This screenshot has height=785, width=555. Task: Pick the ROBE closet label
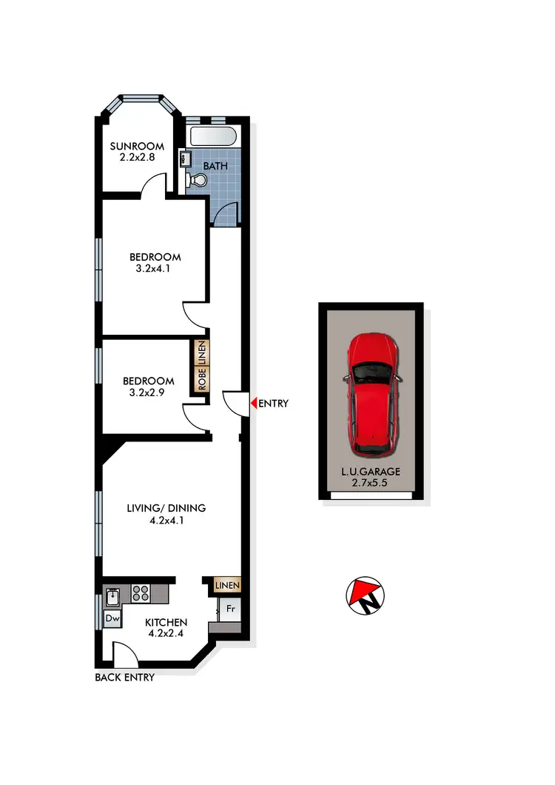point(201,379)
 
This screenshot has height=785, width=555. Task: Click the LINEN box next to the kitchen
point(227,586)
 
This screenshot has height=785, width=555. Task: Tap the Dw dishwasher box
point(112,618)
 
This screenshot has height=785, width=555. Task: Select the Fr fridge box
point(230,609)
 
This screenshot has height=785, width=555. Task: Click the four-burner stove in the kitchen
point(141,593)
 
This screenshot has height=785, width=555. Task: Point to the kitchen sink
point(114,595)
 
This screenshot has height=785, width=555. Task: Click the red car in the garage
point(374,394)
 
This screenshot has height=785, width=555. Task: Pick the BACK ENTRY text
point(125,677)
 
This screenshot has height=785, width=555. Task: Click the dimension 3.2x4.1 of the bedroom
point(155,270)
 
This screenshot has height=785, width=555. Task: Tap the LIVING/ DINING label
point(166,508)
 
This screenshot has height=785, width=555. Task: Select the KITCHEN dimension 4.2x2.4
point(166,635)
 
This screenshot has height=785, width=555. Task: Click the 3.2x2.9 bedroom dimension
point(149,394)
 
